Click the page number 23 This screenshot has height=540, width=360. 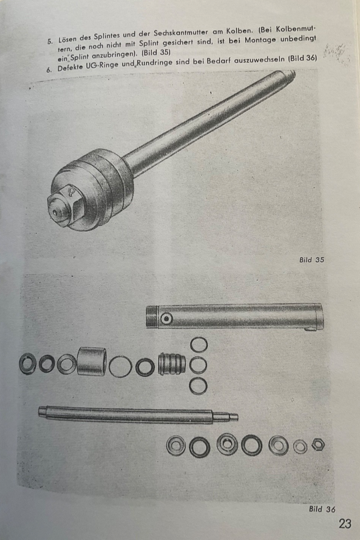click(x=345, y=524)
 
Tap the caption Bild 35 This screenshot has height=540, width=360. click(x=312, y=260)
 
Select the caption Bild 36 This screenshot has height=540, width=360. click(x=322, y=509)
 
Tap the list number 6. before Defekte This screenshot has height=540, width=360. click(x=49, y=69)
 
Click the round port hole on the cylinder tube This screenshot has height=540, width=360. click(x=166, y=319)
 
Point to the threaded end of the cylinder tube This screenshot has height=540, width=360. click(x=152, y=317)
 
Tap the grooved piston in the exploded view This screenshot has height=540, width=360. click(x=172, y=364)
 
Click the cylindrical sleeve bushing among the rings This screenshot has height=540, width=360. click(x=91, y=361)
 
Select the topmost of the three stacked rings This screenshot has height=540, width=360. click(x=199, y=344)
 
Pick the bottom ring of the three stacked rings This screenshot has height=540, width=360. click(x=198, y=386)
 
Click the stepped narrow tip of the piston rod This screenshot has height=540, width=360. click(x=226, y=416)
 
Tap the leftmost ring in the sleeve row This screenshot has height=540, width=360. click(x=28, y=364)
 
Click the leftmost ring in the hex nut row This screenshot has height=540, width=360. click(x=175, y=445)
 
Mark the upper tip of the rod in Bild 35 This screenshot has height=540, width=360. click(x=291, y=74)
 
